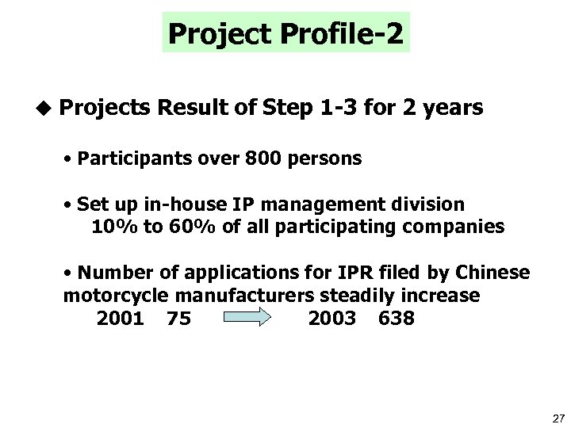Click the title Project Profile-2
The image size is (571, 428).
286,33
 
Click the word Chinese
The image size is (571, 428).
492,273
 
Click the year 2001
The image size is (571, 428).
120,319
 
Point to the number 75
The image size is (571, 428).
178,319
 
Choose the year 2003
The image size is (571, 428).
331,319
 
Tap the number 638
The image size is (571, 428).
397,319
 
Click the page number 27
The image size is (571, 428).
557,417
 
